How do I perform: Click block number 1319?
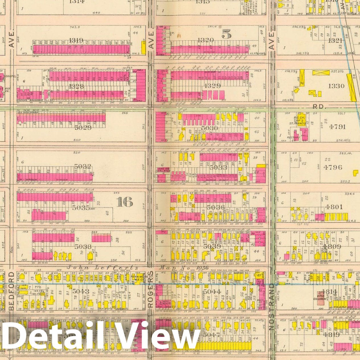tap(76, 40)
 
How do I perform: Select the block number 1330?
tap(336, 86)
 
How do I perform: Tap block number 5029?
tap(83, 127)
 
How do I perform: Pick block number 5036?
tap(216, 207)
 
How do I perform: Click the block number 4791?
tap(337, 126)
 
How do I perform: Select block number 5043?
tap(81, 291)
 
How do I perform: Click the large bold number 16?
tap(124, 202)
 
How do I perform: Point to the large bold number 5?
tap(226, 34)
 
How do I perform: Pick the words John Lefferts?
tap(102, 268)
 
